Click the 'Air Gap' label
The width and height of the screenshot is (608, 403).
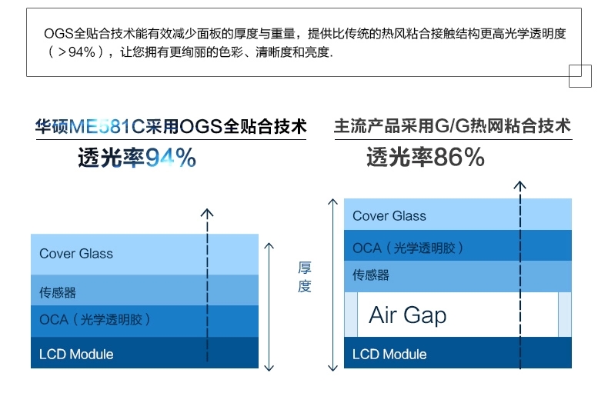(408, 315)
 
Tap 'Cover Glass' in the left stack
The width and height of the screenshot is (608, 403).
(76, 254)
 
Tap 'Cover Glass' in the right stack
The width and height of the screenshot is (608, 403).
(389, 216)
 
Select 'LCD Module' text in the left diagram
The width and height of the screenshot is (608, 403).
(76, 355)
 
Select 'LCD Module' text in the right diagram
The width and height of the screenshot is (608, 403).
(389, 355)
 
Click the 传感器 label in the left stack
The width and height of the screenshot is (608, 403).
(58, 292)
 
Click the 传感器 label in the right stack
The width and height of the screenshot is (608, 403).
(371, 275)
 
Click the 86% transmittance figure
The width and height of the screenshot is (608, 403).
(459, 158)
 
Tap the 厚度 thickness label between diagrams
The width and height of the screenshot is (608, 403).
(305, 277)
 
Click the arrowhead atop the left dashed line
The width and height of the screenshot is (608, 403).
(207, 213)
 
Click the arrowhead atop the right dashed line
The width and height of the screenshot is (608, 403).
(520, 185)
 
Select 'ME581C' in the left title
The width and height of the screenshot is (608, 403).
(107, 126)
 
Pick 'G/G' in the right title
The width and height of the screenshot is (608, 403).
(452, 126)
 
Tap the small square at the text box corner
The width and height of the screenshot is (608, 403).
(580, 76)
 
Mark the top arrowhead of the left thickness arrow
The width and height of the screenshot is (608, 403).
(269, 246)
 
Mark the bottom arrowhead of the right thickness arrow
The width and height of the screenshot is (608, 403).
(332, 368)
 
